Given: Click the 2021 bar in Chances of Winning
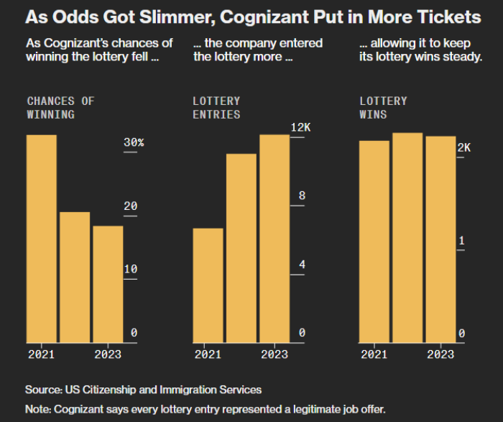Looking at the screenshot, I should [42, 238].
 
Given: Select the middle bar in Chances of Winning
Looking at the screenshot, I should [75, 277].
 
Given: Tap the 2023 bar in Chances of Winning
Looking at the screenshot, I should [108, 284].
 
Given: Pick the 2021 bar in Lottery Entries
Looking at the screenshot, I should [208, 285].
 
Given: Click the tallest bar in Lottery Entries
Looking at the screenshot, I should [274, 238].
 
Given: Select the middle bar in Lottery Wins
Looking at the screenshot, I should [407, 237].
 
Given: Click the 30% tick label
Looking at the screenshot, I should [134, 143].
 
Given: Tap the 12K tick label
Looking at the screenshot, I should [300, 127].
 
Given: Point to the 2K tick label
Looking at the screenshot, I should [464, 147].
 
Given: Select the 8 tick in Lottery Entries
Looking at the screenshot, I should [302, 196].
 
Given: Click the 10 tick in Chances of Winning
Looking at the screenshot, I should [130, 269].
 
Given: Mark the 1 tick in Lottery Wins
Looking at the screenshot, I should [461, 241].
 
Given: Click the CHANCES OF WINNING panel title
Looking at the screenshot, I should [60, 108].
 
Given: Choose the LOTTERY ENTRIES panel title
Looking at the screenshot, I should [216, 108].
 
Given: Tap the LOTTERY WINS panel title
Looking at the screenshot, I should [383, 108].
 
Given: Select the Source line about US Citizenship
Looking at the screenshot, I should [143, 390].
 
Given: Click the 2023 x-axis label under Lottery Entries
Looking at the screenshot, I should [274, 354].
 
